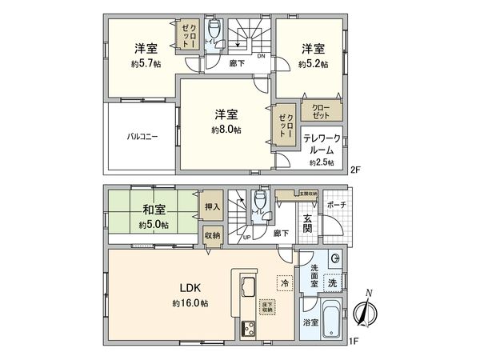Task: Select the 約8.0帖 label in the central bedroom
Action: coord(226,129)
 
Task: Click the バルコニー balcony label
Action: coord(141,136)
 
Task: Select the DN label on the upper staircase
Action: coord(260,57)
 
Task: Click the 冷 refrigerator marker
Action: coord(283,282)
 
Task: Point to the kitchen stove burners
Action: coord(246,327)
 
